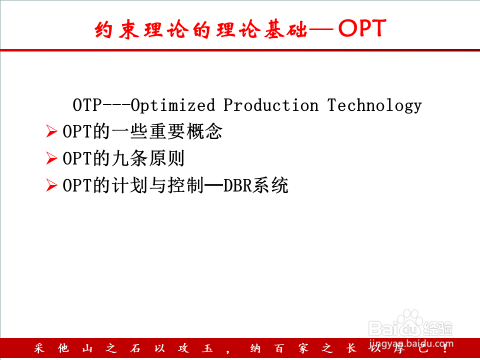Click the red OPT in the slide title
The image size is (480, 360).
pyautogui.click(x=362, y=28)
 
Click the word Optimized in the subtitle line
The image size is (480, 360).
pyautogui.click(x=173, y=105)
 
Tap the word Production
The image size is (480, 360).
pyautogui.click(x=271, y=105)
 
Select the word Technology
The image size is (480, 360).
pyautogui.click(x=374, y=105)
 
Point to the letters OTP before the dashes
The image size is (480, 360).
pyautogui.click(x=87, y=105)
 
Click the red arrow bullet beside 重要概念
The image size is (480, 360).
pyautogui.click(x=51, y=131)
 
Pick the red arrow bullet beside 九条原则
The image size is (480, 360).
pyautogui.click(x=51, y=158)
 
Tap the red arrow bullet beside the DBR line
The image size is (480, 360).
pyautogui.click(x=51, y=185)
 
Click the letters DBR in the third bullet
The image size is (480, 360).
pyautogui.click(x=237, y=185)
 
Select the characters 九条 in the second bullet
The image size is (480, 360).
pyautogui.click(x=130, y=158)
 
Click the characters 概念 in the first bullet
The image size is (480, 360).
pyautogui.click(x=204, y=131)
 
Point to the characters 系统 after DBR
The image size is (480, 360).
pyautogui.click(x=270, y=185)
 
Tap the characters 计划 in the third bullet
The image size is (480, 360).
pyautogui.click(x=130, y=185)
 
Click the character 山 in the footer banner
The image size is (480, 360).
pyautogui.click(x=87, y=348)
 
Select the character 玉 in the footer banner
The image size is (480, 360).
pyautogui.click(x=207, y=348)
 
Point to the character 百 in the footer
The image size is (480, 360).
pyautogui.click(x=278, y=348)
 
